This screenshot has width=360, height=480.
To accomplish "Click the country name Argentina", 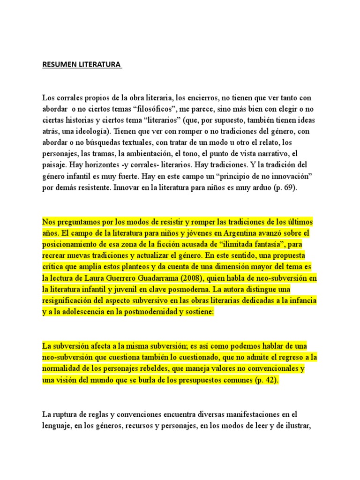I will point(225,233).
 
